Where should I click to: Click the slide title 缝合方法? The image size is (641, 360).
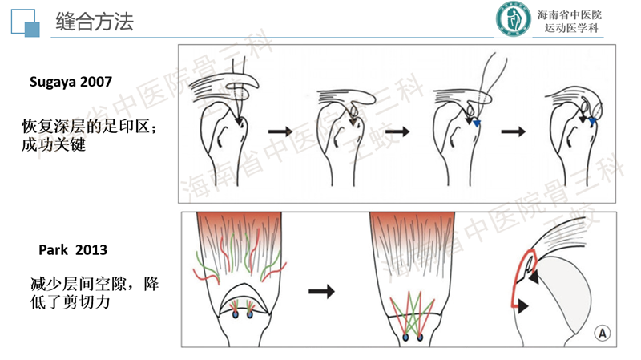pos(95,22)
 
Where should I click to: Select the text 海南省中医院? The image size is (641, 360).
pos(570,14)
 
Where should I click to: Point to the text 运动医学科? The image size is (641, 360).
pos(570,30)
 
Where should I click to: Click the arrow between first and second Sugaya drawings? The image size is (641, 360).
pos(279,130)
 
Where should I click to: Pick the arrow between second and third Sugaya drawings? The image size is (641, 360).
pos(397,130)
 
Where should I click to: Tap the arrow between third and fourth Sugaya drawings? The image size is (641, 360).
pos(513,130)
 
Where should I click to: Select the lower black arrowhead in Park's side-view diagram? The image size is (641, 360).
pos(524,305)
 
